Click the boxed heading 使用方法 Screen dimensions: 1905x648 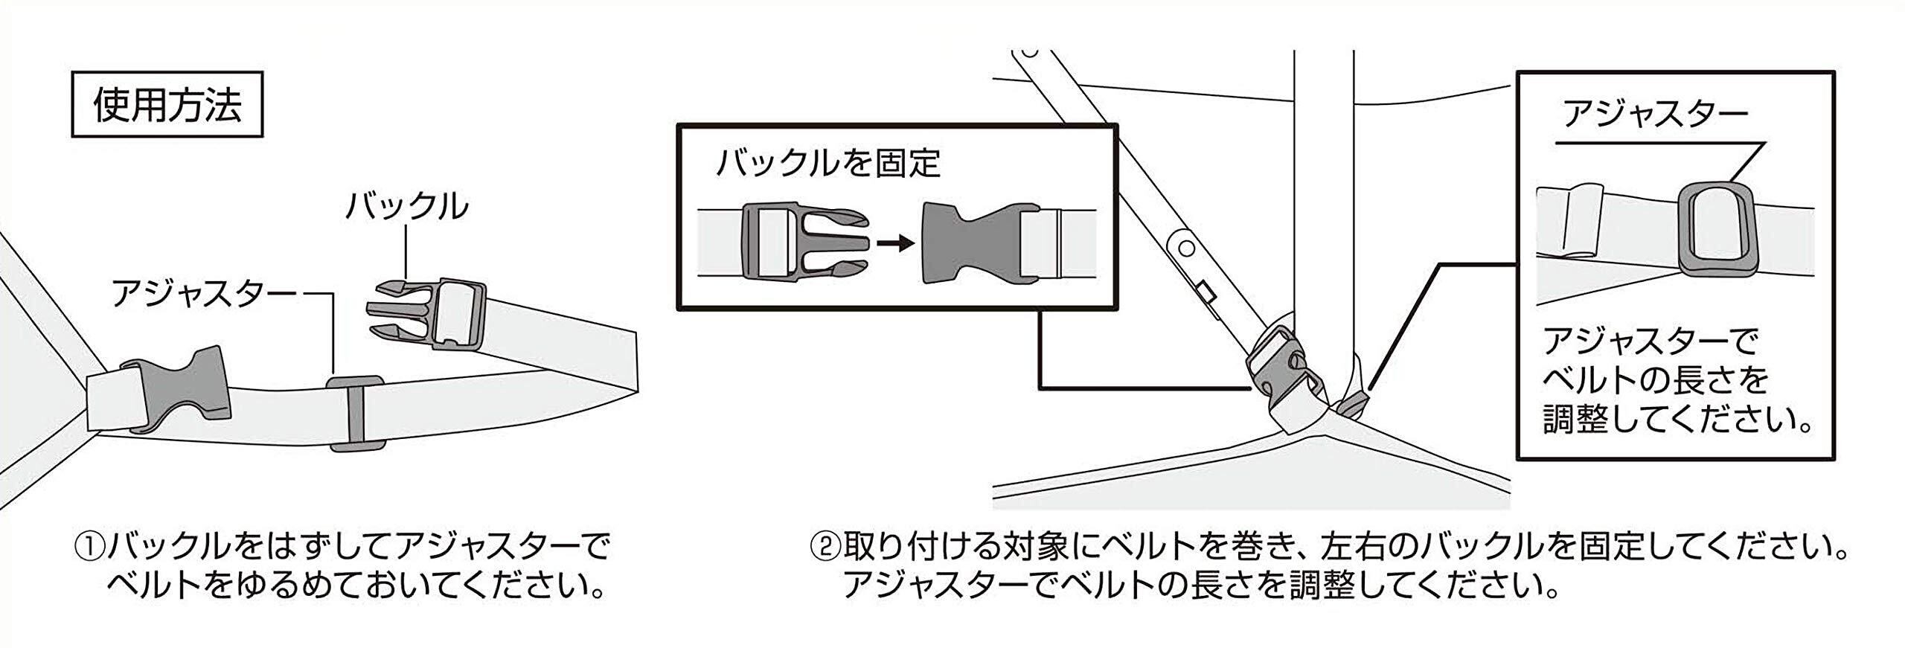[167, 104]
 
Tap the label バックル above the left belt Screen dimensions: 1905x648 [406, 206]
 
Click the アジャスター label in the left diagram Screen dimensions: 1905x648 [205, 294]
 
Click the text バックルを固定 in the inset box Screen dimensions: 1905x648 [827, 163]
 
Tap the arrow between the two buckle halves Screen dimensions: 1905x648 [895, 243]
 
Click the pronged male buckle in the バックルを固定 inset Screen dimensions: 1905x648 [804, 243]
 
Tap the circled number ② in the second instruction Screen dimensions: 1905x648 [824, 548]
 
